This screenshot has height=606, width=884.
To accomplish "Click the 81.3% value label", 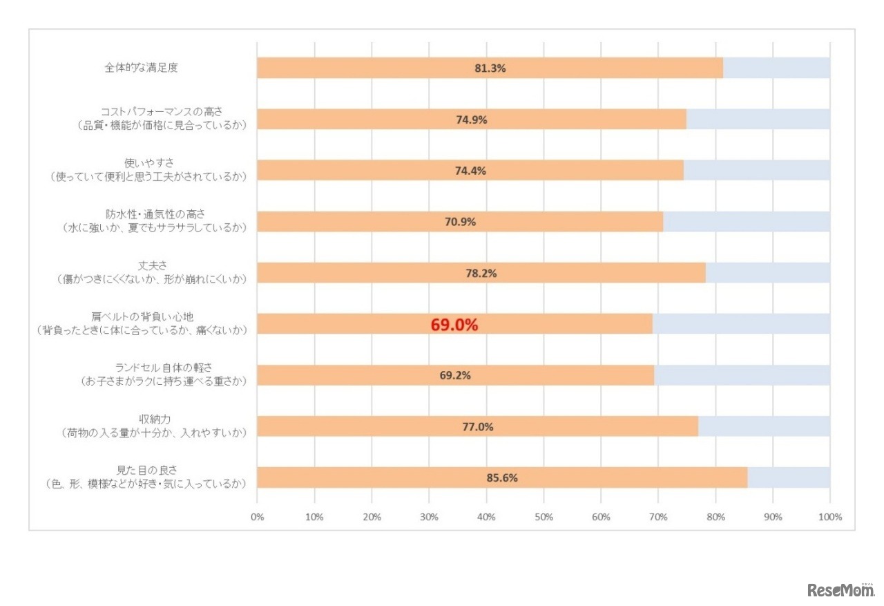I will (x=490, y=68).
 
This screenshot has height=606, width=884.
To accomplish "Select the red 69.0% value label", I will (x=454, y=325).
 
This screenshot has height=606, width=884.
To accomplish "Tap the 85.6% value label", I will (x=502, y=477).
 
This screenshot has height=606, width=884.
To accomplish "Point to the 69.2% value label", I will (x=455, y=375).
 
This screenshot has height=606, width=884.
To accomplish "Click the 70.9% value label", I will (x=460, y=222).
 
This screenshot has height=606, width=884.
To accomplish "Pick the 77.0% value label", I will (x=477, y=426).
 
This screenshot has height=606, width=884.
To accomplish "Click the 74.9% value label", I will (x=472, y=120).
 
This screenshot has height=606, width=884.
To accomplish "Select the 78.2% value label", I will (x=481, y=273).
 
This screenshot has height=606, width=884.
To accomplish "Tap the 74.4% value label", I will (x=470, y=171).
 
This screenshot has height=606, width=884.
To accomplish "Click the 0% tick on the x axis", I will (x=257, y=517).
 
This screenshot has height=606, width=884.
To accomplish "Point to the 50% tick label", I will (x=544, y=517).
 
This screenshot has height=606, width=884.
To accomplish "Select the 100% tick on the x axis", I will (x=829, y=517).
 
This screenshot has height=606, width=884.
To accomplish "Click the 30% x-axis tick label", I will (x=429, y=517).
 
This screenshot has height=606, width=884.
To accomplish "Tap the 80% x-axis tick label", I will (x=715, y=517).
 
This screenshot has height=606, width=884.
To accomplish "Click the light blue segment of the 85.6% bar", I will (x=789, y=477).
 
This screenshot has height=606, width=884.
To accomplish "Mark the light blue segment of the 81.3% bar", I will (x=776, y=68).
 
